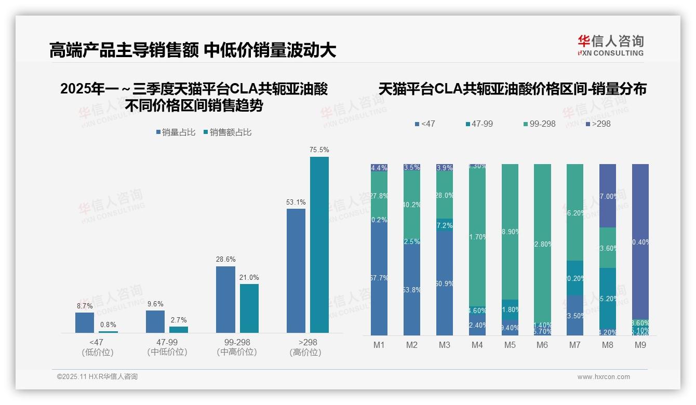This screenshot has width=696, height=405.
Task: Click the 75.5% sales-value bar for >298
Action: click(x=319, y=245)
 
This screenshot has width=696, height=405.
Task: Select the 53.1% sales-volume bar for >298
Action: click(x=296, y=271)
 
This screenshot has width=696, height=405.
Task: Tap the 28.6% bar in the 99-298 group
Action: click(x=225, y=300)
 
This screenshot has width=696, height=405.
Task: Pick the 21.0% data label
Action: click(x=249, y=278)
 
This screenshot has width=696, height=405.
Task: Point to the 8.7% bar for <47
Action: click(x=85, y=322)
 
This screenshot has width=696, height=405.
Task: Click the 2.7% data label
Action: click(x=179, y=320)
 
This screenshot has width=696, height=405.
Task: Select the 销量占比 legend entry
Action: click(x=176, y=132)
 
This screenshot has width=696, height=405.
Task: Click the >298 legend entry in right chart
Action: click(x=598, y=124)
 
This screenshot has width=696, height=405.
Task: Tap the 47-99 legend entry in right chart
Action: click(x=480, y=124)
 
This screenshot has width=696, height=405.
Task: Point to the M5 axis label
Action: click(x=510, y=345)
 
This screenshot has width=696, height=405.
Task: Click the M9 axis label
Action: click(x=640, y=345)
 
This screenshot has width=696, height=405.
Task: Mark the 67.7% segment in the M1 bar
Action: click(x=379, y=278)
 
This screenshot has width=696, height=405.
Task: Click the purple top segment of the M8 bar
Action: click(x=608, y=196)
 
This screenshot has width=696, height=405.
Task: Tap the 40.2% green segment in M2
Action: click(x=412, y=204)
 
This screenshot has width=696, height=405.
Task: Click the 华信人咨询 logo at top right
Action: click(x=610, y=45)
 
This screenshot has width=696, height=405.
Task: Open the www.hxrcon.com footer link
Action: click(x=604, y=377)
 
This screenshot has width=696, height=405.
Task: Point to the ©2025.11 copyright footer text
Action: click(x=97, y=377)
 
